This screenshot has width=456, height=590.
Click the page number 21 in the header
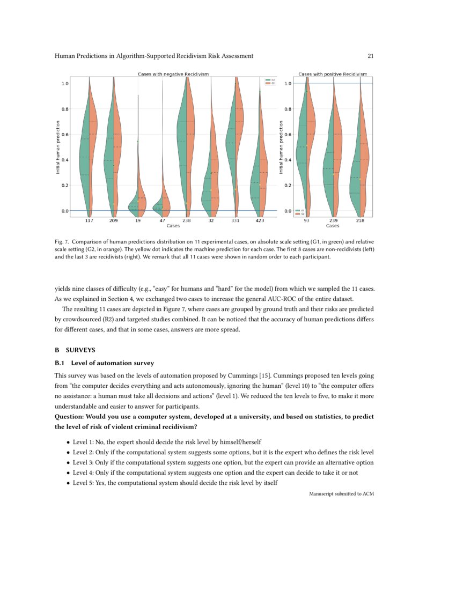pos(370,56)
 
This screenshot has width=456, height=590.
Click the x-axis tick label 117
pos(89,220)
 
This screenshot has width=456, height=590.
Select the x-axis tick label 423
pos(260,220)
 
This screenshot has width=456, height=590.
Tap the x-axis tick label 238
pos(186,220)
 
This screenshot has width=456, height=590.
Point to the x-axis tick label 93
pos(306,220)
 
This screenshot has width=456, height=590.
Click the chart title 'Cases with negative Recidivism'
pos(173,73)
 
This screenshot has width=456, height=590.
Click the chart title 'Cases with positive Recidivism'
pos(333,73)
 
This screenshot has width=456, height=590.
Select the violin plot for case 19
pos(138,198)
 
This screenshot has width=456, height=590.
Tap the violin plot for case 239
pos(334,161)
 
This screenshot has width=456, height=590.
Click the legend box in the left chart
pos(270,82)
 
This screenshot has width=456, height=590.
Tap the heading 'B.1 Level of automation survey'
pos(105,363)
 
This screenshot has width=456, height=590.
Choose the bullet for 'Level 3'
pos(67,462)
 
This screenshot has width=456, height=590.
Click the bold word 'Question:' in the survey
pos(68,417)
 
